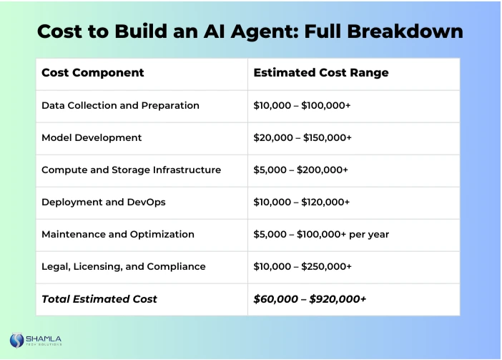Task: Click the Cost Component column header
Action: click(93, 73)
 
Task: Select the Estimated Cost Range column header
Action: click(321, 73)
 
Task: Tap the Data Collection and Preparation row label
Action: click(120, 105)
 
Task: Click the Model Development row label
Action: click(92, 137)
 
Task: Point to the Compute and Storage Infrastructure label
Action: click(131, 170)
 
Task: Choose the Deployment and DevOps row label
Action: click(103, 202)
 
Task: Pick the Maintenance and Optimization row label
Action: click(118, 234)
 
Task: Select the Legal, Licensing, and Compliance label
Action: click(123, 266)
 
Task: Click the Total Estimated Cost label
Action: click(99, 299)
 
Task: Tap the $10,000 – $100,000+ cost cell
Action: click(302, 105)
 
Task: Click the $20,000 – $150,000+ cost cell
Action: click(302, 137)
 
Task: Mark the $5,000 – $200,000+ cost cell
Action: click(300, 170)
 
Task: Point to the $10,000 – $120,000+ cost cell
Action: click(302, 202)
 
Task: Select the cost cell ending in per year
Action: click(321, 234)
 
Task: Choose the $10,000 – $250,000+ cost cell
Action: click(302, 266)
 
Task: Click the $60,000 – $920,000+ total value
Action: click(310, 299)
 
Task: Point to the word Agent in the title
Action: click(247, 31)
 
